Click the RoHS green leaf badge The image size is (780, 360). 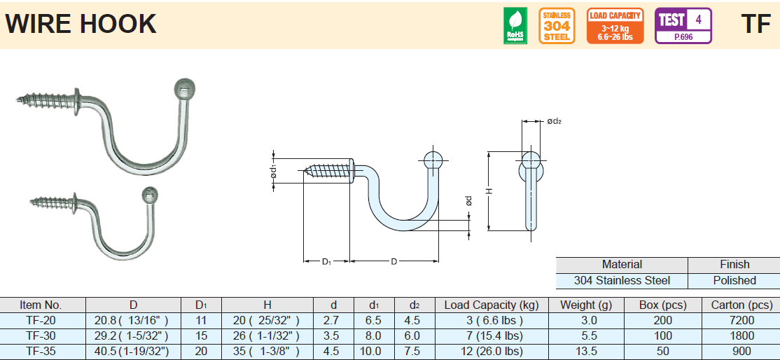(x=515, y=26)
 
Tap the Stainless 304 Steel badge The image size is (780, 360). (x=557, y=26)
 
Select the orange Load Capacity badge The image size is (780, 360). (x=615, y=26)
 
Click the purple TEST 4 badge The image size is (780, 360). (x=683, y=26)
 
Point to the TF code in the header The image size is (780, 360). (x=755, y=25)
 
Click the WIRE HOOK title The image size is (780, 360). (x=81, y=25)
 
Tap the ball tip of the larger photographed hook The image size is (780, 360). (x=184, y=90)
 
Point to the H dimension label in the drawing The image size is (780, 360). (x=490, y=191)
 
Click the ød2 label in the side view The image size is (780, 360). (x=554, y=122)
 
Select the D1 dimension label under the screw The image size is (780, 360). (x=326, y=262)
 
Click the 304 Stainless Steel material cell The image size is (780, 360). (x=622, y=280)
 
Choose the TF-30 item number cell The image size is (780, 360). (x=41, y=335)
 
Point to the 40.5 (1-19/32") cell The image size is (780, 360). (x=133, y=351)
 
